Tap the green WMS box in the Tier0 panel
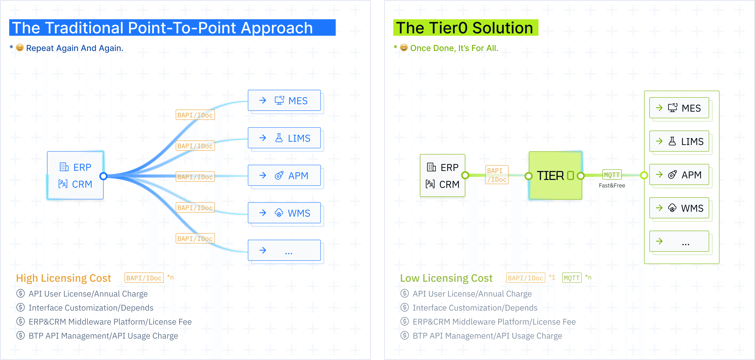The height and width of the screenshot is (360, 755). pyautogui.click(x=679, y=208)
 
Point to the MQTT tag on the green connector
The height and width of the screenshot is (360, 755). pyautogui.click(x=612, y=175)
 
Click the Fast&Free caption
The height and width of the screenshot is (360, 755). pyautogui.click(x=612, y=185)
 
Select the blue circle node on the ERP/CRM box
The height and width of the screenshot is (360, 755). pyautogui.click(x=103, y=176)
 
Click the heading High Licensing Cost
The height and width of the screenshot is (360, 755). pyautogui.click(x=64, y=278)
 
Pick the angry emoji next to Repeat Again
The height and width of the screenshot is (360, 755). pyautogui.click(x=20, y=47)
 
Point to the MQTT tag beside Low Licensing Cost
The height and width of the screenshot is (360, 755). pyautogui.click(x=572, y=278)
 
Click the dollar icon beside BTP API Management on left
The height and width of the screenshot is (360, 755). pyautogui.click(x=21, y=335)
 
